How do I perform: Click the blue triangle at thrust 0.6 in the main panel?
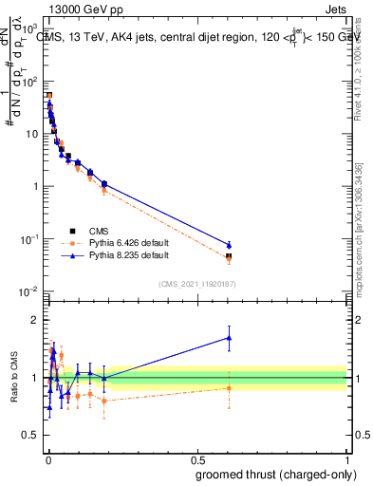click(229, 245)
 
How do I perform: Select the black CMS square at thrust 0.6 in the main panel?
click(229, 256)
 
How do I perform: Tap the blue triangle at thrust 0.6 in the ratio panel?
click(229, 337)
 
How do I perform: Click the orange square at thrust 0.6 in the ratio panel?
click(229, 387)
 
